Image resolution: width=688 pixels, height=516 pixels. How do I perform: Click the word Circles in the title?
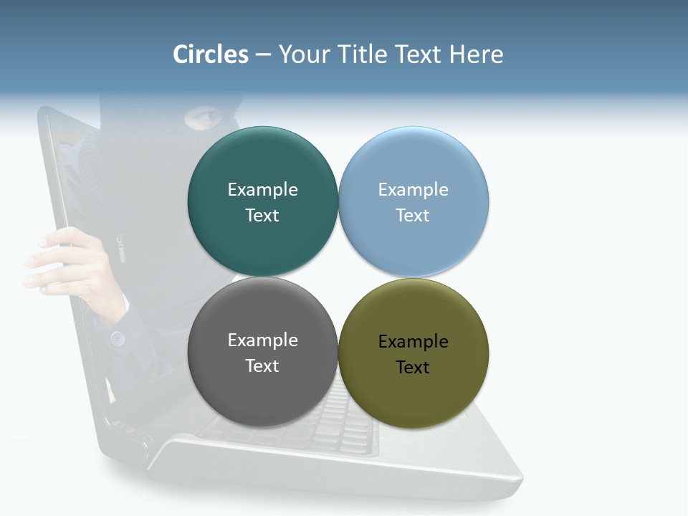[211, 54]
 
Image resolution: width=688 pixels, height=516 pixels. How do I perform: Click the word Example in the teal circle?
[262, 190]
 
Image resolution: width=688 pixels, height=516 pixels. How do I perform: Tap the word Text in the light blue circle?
[414, 216]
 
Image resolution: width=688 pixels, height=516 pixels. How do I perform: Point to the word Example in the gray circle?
[262, 340]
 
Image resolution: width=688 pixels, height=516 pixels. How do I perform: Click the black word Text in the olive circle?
[414, 368]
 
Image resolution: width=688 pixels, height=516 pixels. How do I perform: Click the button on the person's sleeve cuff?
[118, 337]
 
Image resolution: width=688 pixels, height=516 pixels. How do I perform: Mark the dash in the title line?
[263, 55]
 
